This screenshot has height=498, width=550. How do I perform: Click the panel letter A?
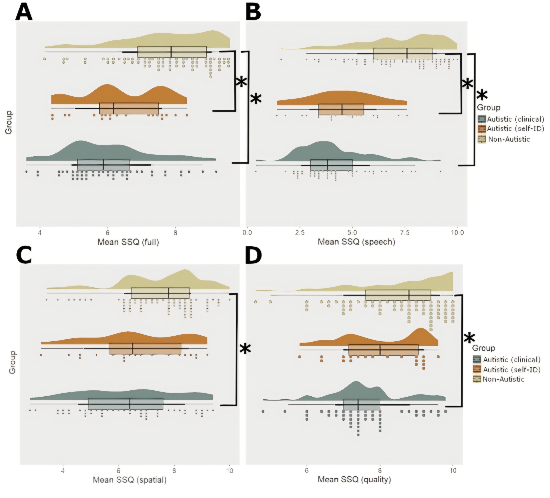(x=24, y=13)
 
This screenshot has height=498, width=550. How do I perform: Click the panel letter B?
(x=253, y=13)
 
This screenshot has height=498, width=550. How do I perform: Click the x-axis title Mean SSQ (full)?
(x=128, y=242)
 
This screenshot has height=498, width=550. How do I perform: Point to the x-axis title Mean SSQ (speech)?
(x=356, y=242)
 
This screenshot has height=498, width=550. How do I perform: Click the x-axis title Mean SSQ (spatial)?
(x=130, y=480)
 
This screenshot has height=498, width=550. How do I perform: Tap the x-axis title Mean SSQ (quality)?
(x=354, y=480)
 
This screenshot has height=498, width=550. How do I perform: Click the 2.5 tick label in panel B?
(x=300, y=233)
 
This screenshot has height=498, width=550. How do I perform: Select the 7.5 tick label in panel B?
(x=405, y=233)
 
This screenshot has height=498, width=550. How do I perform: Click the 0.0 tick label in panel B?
(x=247, y=233)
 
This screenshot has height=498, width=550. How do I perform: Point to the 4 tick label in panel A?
(x=40, y=233)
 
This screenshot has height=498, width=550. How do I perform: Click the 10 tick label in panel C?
(x=230, y=471)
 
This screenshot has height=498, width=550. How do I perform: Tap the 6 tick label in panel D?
(x=307, y=471)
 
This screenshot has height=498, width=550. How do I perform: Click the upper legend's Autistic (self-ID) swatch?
(x=482, y=129)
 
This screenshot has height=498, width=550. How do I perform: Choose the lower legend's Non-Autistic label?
(x=503, y=379)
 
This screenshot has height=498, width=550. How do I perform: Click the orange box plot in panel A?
(x=129, y=108)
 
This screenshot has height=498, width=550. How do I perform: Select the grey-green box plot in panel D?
(x=362, y=404)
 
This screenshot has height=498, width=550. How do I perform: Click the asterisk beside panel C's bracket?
(x=245, y=349)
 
